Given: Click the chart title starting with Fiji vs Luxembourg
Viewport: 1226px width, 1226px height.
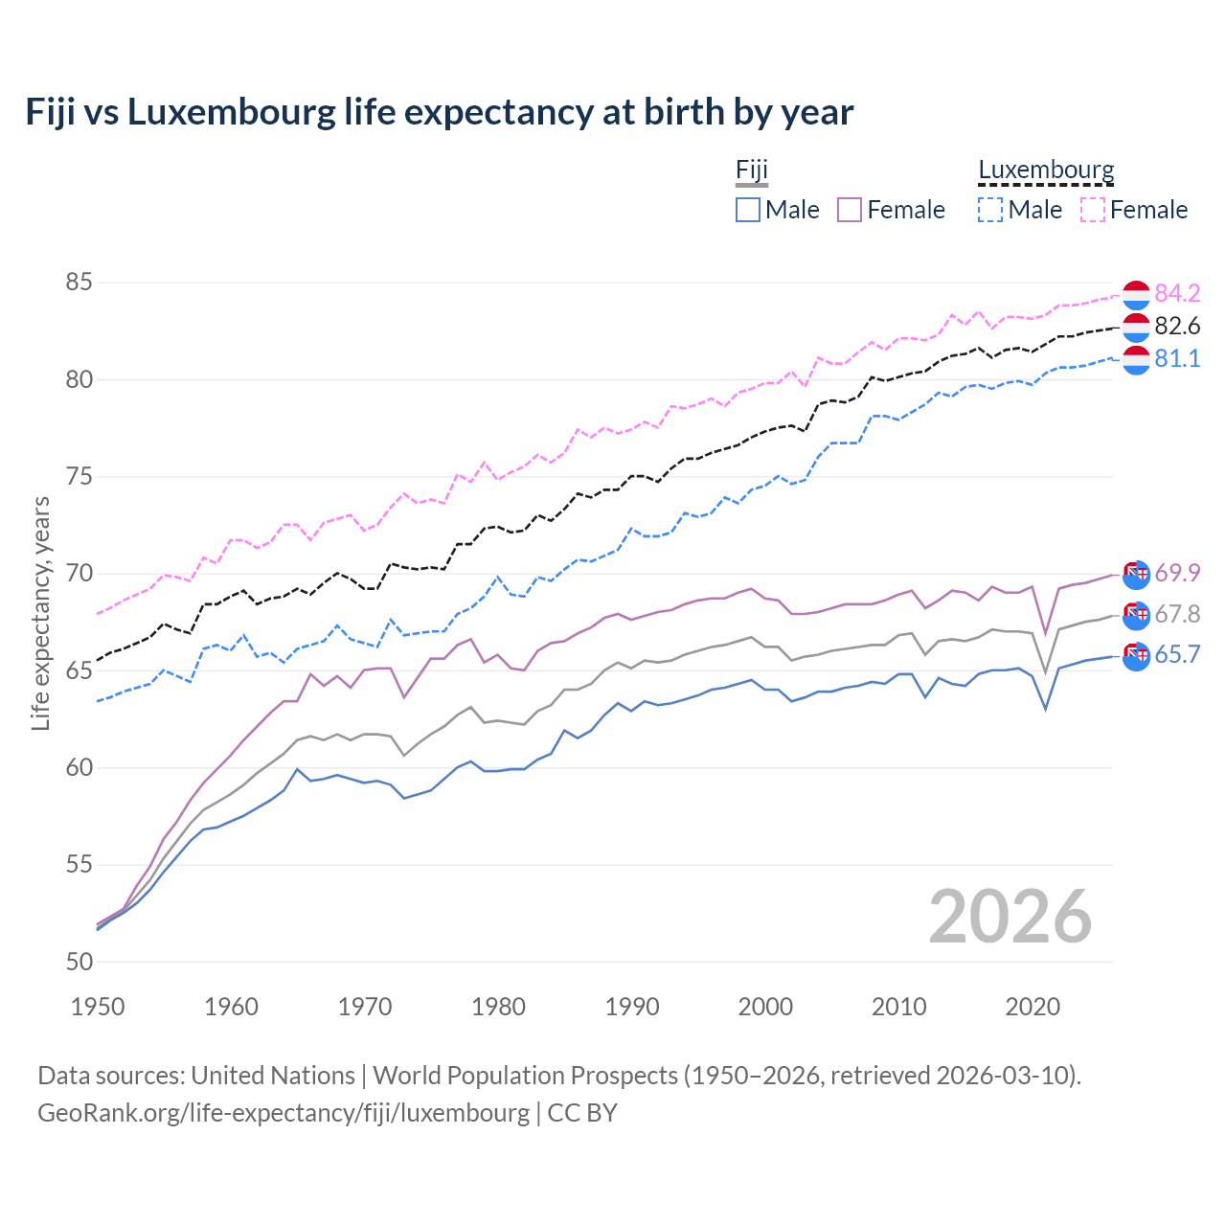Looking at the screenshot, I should (439, 112).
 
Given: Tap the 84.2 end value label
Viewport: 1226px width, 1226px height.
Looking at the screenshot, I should (1177, 293).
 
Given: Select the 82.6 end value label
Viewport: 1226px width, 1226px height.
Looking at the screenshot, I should (1177, 327).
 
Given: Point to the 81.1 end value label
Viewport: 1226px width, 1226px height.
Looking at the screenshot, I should (1177, 358).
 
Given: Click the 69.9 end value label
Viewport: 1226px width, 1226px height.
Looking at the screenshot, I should (1177, 573).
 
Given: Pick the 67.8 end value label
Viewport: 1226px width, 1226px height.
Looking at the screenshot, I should (1177, 614).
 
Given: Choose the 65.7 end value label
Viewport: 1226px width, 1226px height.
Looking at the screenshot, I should (1177, 654).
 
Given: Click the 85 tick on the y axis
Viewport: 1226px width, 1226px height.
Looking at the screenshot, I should (79, 283).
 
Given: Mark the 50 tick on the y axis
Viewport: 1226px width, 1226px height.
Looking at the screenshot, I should (79, 962).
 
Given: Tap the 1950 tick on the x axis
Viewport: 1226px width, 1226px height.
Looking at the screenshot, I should (98, 1007).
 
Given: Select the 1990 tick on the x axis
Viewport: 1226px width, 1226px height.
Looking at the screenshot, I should (632, 1007).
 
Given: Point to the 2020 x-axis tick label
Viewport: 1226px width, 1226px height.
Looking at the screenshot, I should (1033, 1007).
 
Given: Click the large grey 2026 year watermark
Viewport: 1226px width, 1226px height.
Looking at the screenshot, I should (1010, 917).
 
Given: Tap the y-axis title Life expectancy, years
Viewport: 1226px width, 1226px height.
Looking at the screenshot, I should (40, 613).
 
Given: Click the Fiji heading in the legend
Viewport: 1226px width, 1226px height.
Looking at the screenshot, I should (752, 170).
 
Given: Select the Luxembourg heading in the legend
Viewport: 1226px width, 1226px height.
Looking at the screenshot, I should (1046, 170).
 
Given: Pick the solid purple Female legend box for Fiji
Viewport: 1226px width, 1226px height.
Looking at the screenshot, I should (850, 210).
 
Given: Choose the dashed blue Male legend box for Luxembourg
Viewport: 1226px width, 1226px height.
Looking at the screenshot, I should (990, 210).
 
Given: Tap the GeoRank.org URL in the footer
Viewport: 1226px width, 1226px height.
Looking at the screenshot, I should (283, 1113).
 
